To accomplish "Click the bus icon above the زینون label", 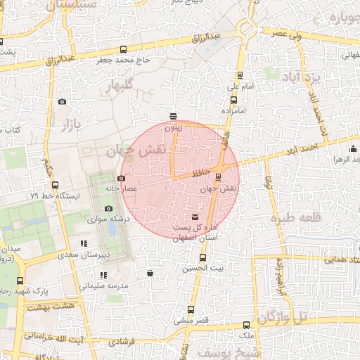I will coord(174,117).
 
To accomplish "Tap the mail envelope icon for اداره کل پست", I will coord(195,217).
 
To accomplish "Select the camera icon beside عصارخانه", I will coord(121,179).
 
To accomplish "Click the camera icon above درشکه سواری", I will coord(108,208).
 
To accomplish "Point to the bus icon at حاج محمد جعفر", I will coord(124,49).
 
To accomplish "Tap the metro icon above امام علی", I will coord(240,75).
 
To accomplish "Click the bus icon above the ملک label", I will coord(246,325).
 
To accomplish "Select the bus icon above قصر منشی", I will coord(190,310).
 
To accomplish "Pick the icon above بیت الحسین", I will coord(203,257).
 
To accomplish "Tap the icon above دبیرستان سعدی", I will coord(84,244).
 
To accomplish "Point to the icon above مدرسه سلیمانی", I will coord(104,275).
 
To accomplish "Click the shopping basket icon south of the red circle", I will coord(149,273).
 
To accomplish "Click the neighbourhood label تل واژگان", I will coord(283,318).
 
